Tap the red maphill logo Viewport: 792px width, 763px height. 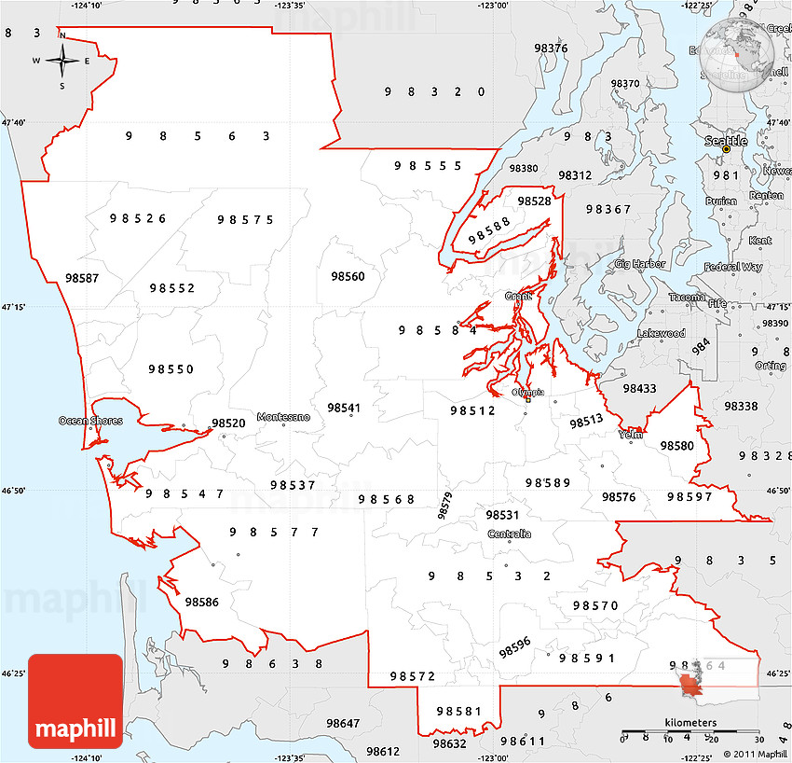[x=75, y=701]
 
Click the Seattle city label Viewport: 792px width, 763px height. [x=725, y=141]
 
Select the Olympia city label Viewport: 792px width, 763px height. [x=527, y=393]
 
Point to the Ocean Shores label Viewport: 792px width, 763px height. [x=90, y=421]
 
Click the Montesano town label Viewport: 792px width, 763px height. [x=283, y=417]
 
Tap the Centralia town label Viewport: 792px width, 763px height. [x=510, y=534]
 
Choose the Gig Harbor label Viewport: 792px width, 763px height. [x=640, y=264]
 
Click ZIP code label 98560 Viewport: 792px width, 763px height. [x=348, y=276]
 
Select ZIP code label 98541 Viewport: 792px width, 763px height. [x=344, y=408]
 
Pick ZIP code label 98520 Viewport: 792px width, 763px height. [x=228, y=423]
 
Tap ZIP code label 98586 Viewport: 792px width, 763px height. [x=202, y=602]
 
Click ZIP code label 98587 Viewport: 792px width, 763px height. [x=82, y=277]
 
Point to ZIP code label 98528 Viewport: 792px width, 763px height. [x=534, y=201]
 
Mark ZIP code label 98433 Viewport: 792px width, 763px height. [x=640, y=388]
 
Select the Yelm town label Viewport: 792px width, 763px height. [x=631, y=434]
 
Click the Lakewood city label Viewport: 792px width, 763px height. [x=662, y=333]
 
